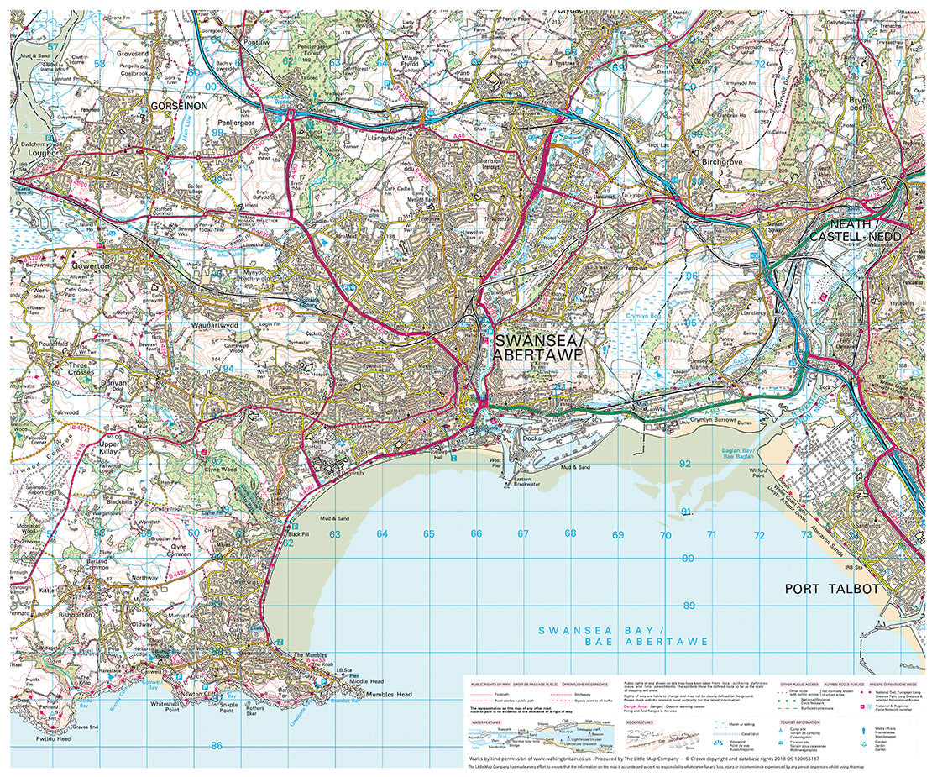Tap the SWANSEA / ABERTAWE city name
[537, 348]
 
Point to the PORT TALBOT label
[831, 589]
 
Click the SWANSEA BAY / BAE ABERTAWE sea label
[623, 636]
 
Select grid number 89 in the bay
[689, 606]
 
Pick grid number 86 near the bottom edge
[217, 745]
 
